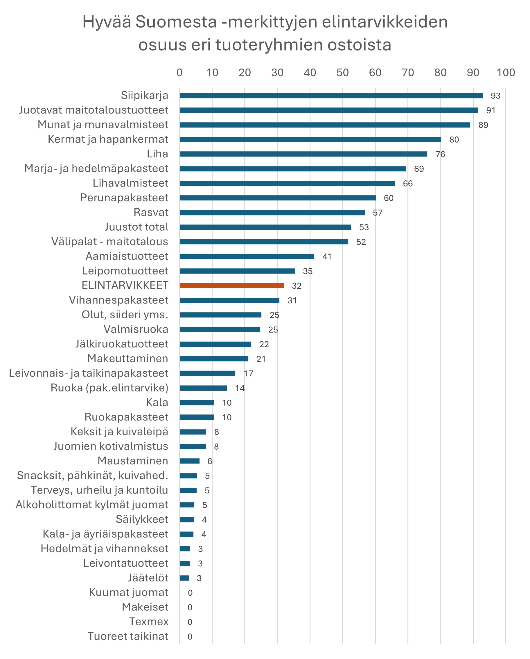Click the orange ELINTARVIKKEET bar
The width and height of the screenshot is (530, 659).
coord(232,285)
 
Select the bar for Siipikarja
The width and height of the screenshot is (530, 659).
coord(331,96)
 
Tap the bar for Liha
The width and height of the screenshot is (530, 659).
coord(303,154)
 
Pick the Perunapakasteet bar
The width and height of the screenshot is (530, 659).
coord(278,198)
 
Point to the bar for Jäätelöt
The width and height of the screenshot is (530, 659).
coord(184,578)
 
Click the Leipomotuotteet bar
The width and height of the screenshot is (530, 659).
coord(237,271)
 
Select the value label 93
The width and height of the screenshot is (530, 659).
coord(495,96)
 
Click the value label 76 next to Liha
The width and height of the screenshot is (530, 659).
coord(440,154)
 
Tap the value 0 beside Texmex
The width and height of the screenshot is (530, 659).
coord(190,622)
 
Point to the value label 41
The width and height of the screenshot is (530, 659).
coord(327,257)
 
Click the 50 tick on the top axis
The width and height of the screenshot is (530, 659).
coord(342,73)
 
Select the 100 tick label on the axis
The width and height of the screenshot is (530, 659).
coord(506,73)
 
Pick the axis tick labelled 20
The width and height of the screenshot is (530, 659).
coord(245,73)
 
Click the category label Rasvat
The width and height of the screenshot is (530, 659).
coord(151,212)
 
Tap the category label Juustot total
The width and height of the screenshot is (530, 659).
coord(136,227)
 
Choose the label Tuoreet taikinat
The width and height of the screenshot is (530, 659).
coord(128,636)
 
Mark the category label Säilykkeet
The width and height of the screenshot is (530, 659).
coord(142,519)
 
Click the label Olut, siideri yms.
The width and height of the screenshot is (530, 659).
coord(125,315)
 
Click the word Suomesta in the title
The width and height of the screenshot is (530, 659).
coord(176,22)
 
